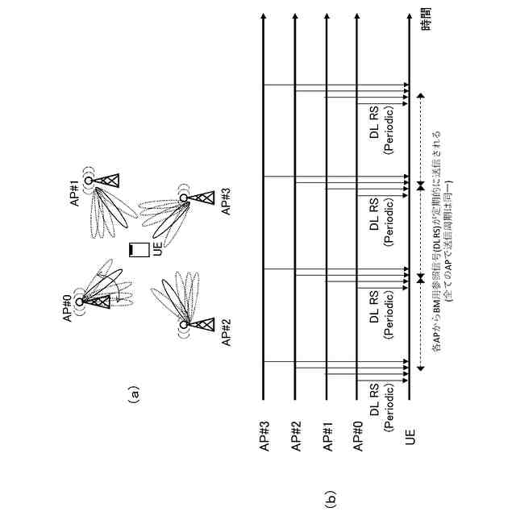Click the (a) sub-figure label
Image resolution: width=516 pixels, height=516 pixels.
(x=135, y=394)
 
